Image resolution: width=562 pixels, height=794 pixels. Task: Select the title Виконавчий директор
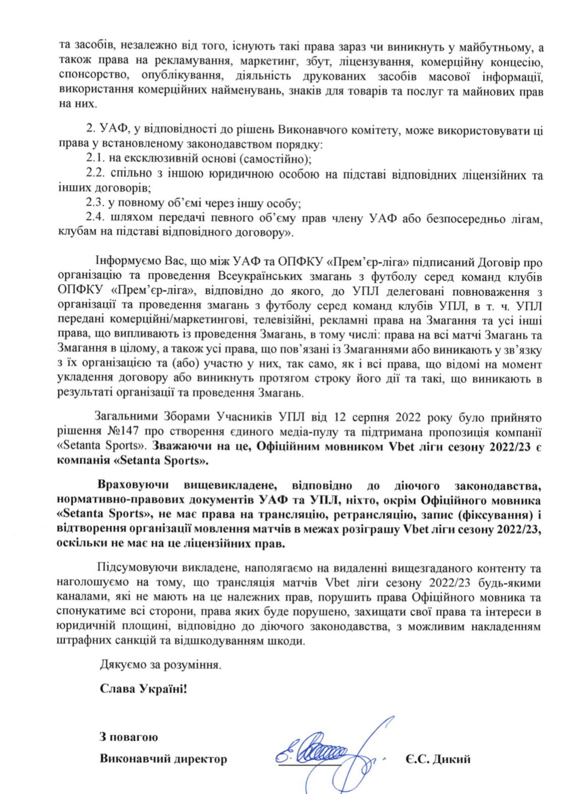coord(163,759)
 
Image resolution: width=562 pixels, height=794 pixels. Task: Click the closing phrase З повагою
coord(129,737)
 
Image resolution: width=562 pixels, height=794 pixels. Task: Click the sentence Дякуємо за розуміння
coord(160,664)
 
